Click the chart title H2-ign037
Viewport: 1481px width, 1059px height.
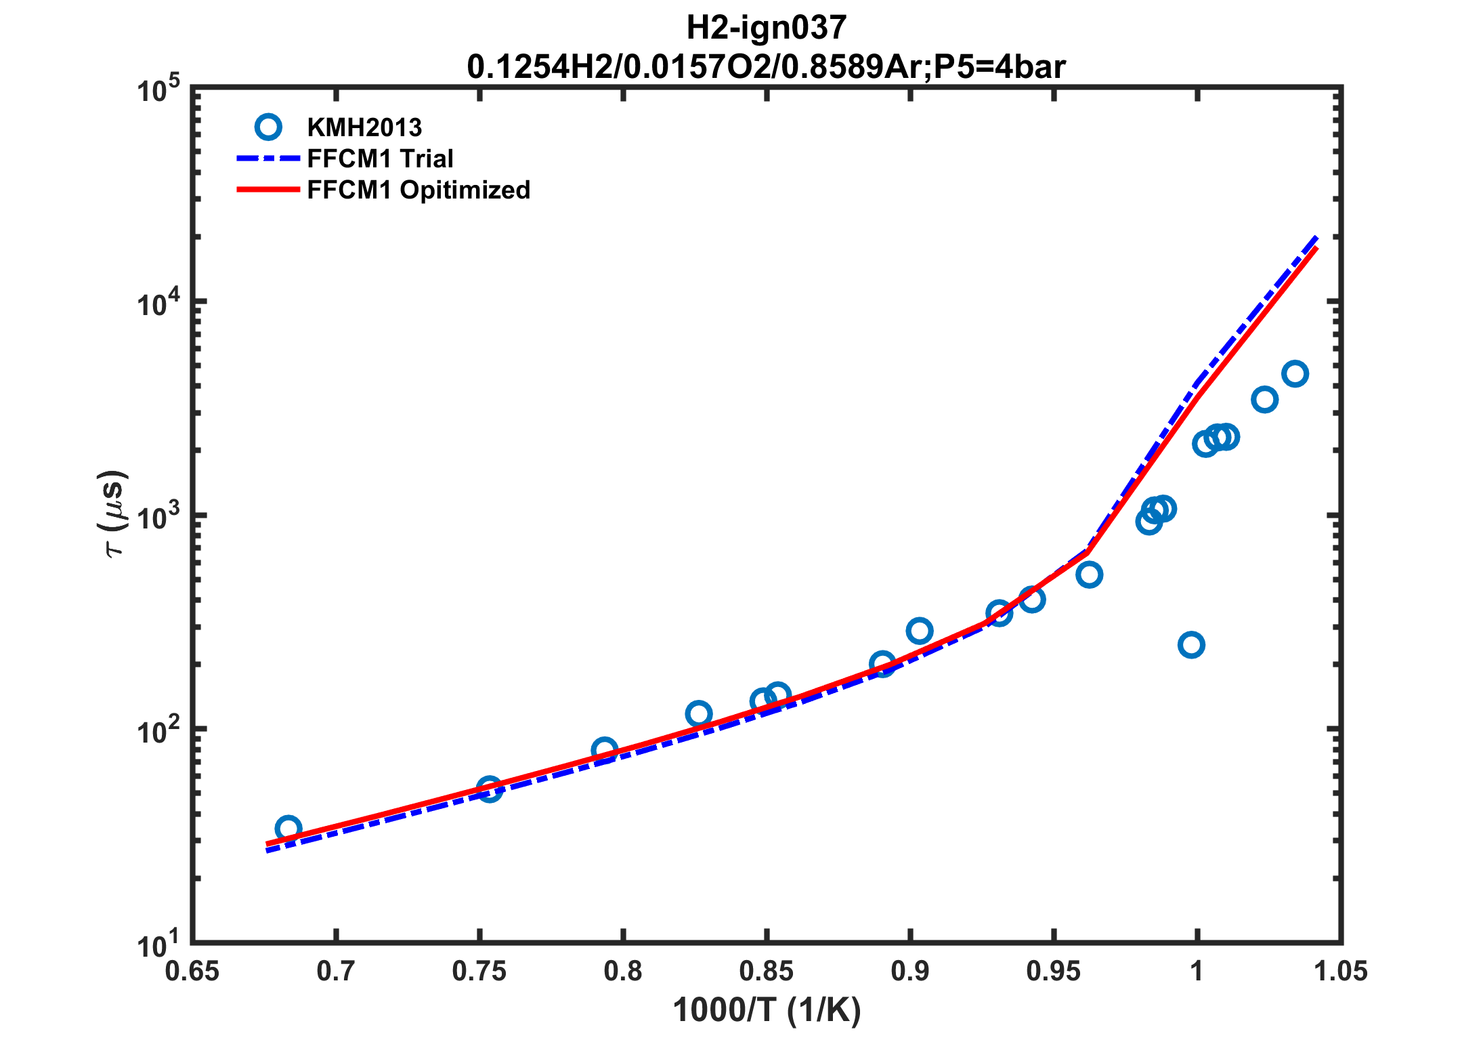[x=766, y=28]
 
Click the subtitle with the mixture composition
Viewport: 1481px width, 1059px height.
[x=766, y=66]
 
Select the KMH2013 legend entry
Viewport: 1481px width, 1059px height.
[x=364, y=127]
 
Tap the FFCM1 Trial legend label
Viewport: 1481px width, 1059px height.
[x=380, y=159]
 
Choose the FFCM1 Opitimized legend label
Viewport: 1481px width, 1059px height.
[x=418, y=190]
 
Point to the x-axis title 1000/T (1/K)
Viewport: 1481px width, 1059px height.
[x=766, y=1010]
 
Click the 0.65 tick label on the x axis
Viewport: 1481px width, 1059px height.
[x=192, y=972]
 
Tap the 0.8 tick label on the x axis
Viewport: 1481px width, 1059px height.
[x=623, y=972]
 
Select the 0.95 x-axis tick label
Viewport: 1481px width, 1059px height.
[x=1053, y=972]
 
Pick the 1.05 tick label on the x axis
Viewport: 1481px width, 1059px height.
[x=1341, y=972]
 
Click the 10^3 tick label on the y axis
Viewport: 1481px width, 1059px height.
[x=159, y=519]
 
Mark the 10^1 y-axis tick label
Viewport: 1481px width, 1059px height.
[x=159, y=946]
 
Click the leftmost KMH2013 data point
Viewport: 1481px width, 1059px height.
[x=288, y=829]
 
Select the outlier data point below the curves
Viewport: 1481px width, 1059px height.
[x=1191, y=644]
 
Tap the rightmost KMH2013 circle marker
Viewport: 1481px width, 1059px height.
[x=1295, y=374]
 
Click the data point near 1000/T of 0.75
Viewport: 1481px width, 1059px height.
[x=490, y=789]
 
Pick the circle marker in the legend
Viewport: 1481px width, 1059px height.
[x=268, y=127]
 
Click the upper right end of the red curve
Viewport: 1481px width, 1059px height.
[x=1316, y=249]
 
